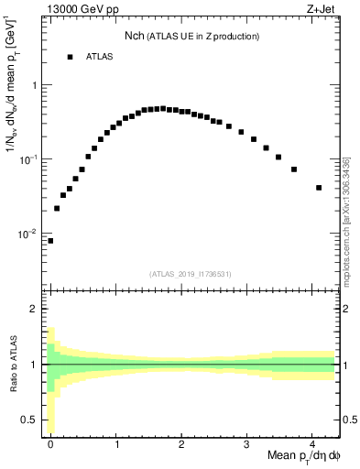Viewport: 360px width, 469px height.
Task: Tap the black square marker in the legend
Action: coord(69,57)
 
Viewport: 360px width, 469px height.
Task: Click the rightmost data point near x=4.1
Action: coord(319,188)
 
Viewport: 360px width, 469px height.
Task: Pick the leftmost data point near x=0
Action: coord(50,241)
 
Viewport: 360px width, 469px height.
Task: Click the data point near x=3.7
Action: coord(294,169)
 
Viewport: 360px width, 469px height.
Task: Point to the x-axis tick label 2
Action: coord(182,443)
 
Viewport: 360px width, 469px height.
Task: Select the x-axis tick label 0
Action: coord(51,443)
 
